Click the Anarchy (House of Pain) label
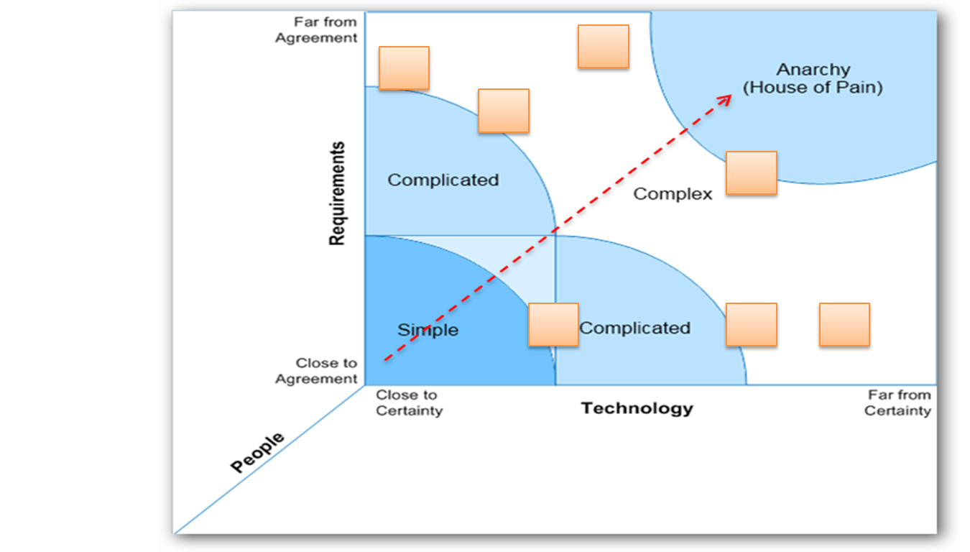pos(813,79)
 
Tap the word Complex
pos(673,194)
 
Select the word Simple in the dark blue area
pos(428,330)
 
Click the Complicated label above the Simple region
pos(443,180)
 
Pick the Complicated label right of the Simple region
pos(635,328)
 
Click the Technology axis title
pos(637,408)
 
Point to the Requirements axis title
pos(337,193)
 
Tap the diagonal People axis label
pos(257,453)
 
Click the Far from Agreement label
pos(316,30)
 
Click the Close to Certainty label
pos(409,402)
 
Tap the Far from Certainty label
pos(897,402)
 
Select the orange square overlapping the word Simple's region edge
pos(553,324)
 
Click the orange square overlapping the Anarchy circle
pos(751,172)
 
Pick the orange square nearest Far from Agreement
pos(404,68)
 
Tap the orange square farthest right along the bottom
pos(844,324)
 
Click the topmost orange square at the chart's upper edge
pos(603,47)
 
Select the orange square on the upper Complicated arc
pos(503,111)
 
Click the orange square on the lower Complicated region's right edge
pos(751,324)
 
